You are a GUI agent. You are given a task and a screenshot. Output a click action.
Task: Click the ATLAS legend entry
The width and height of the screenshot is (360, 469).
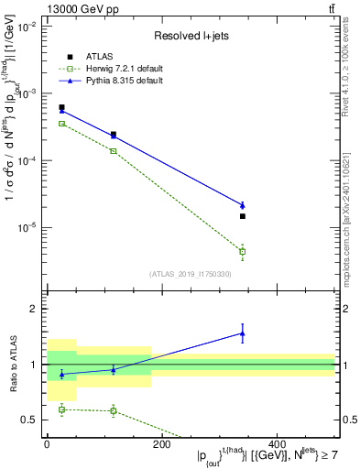click(97, 57)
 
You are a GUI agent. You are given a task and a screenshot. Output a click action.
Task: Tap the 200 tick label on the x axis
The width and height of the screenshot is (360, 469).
click(161, 444)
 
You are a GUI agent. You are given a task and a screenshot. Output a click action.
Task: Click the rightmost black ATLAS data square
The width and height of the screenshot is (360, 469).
click(243, 216)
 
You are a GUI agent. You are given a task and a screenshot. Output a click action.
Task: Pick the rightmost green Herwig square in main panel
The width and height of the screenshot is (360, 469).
click(243, 251)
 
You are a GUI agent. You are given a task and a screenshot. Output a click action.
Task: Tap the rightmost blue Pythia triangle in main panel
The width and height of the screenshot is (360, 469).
click(243, 205)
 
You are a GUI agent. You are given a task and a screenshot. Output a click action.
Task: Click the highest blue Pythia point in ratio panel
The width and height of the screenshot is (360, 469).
click(243, 333)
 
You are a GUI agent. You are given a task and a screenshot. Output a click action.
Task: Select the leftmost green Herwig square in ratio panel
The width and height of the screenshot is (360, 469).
click(61, 409)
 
